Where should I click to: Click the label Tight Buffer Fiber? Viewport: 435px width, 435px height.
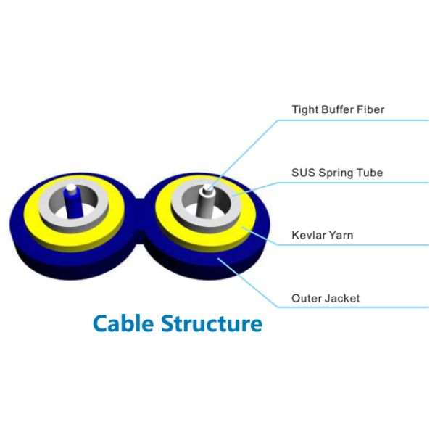click(x=337, y=110)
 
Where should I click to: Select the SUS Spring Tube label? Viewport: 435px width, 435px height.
click(x=337, y=173)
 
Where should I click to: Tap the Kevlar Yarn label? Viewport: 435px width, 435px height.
click(x=322, y=235)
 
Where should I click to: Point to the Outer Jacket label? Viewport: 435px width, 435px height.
click(x=326, y=298)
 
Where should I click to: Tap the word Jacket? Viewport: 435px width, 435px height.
click(x=342, y=298)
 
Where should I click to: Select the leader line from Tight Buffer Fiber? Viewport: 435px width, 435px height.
click(x=246, y=149)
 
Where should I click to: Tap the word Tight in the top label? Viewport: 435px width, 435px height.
click(x=304, y=110)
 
